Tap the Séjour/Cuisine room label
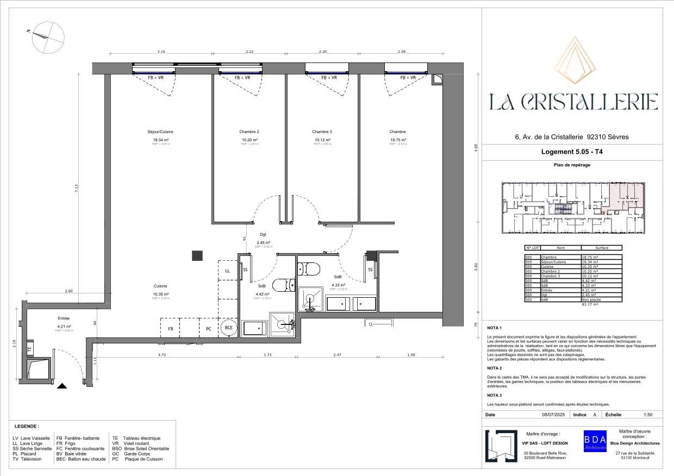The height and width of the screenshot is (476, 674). point(160,131)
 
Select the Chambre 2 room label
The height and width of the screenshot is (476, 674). point(249,131)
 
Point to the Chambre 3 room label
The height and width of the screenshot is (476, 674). point(322,131)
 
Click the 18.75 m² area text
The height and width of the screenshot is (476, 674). point(398,140)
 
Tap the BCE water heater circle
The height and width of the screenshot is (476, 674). point(229,328)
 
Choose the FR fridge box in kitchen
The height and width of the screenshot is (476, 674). point(170,329)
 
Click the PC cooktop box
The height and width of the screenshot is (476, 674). point(208,329)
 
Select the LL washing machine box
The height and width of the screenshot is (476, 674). point(227,270)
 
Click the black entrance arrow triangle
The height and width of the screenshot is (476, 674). point(62,386)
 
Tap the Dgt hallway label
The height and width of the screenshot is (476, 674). point(263,235)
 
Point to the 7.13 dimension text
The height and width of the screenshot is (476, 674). point(77,187)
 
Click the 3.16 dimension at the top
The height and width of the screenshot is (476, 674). point(161,52)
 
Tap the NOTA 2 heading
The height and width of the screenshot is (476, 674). point(494,368)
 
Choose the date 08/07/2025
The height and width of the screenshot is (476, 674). point(553,415)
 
